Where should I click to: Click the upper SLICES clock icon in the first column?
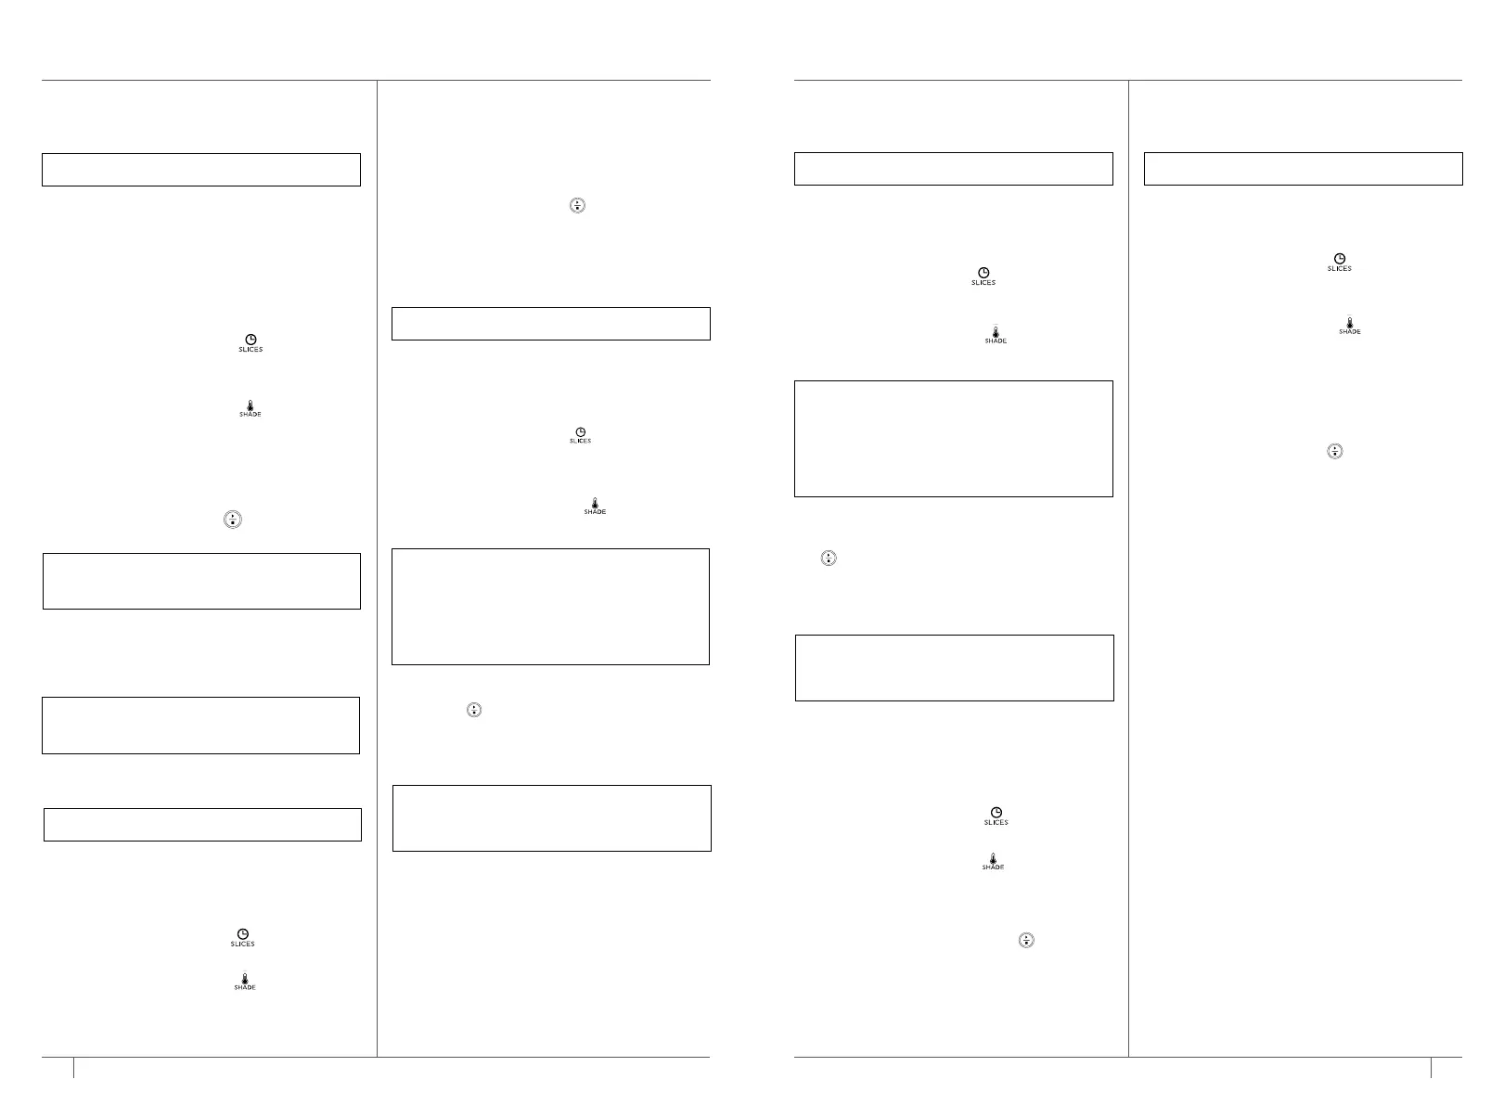(251, 342)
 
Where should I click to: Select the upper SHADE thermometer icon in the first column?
(250, 408)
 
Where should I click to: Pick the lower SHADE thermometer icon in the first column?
(244, 983)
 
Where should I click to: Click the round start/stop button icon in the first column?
(232, 520)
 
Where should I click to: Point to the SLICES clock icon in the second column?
(580, 434)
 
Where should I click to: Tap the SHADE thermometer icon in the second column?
(595, 506)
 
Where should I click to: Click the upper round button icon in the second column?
(578, 205)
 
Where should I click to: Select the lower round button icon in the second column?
(474, 710)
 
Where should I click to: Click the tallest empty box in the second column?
(550, 607)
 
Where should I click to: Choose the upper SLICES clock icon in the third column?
(983, 276)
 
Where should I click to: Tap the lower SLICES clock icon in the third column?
(996, 816)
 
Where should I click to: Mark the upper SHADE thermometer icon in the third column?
(996, 335)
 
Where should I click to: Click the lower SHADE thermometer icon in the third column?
(993, 862)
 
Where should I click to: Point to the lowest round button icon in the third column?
(1026, 940)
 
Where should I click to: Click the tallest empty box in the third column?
(953, 438)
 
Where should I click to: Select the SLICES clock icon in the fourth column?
(1339, 262)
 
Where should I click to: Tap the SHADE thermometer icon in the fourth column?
(1349, 326)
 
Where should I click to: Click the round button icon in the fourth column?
(1334, 452)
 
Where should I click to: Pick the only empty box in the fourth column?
(1303, 169)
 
